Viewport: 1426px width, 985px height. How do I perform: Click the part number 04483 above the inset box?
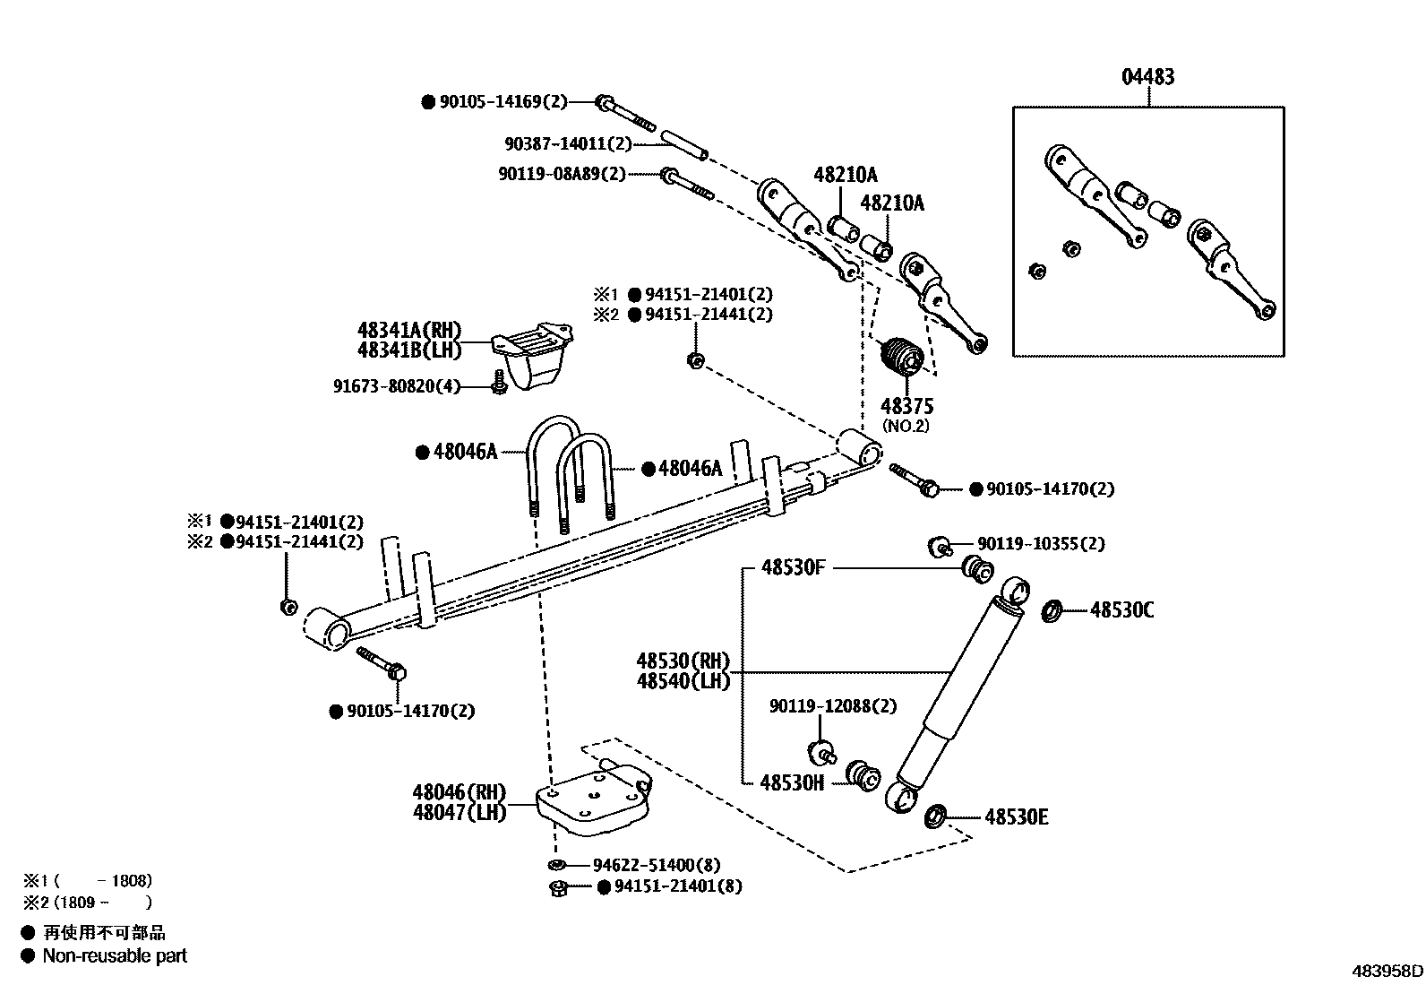(x=1147, y=77)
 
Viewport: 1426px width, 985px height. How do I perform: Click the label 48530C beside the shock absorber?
(x=1121, y=610)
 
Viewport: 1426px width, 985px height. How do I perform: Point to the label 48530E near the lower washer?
(x=1017, y=817)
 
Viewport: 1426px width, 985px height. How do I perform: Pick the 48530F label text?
(x=794, y=567)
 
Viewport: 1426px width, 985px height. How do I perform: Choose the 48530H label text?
(x=792, y=782)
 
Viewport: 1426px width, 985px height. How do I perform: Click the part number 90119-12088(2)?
(x=832, y=706)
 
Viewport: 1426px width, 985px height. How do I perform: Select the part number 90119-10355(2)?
(x=1041, y=543)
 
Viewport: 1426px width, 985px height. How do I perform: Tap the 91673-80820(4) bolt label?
(x=396, y=386)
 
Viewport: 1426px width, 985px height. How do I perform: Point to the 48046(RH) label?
(x=459, y=792)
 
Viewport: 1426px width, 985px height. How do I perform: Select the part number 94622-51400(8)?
(x=656, y=865)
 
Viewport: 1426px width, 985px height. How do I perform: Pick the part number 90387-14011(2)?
(x=568, y=143)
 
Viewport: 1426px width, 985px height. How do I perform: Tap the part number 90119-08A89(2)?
(x=562, y=174)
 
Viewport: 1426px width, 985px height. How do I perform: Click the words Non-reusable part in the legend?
(x=115, y=955)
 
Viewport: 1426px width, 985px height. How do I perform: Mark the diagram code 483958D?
(x=1387, y=971)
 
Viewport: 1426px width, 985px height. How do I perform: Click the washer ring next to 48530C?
(x=1053, y=611)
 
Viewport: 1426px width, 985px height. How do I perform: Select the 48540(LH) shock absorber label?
(x=683, y=681)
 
